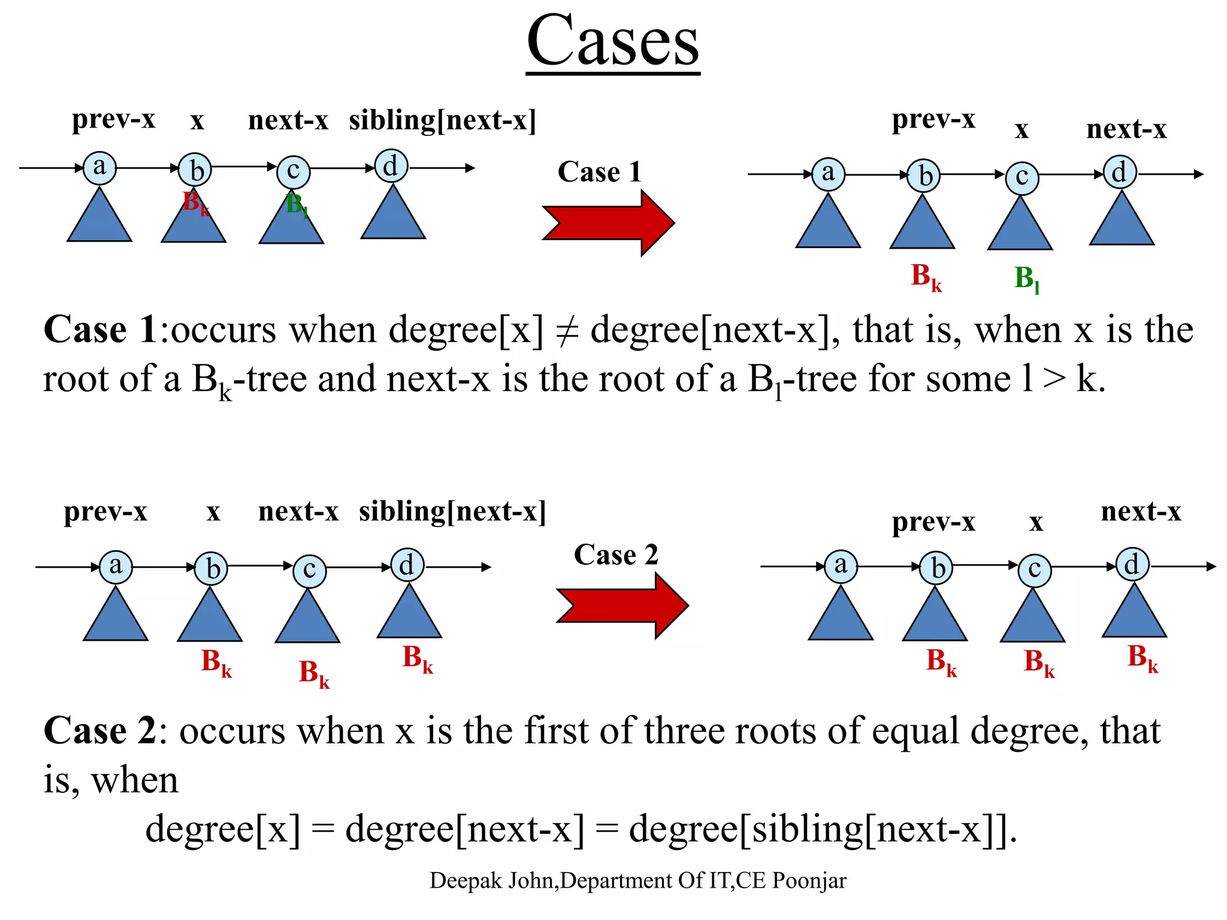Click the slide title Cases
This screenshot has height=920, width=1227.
pos(613,42)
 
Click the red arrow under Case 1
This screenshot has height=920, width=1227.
pos(608,223)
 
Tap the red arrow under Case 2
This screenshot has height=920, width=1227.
pos(622,606)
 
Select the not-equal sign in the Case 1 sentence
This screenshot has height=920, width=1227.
pos(567,331)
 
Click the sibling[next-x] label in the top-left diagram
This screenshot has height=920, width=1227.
pos(442,120)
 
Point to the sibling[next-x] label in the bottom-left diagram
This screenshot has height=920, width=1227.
pos(452,512)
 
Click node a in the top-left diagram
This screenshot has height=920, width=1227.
pos(99,167)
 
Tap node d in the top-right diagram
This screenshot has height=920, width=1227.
pos(1119,172)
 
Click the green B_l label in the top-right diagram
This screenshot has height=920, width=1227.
pos(1026,279)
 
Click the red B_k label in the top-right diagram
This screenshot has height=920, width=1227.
pos(926,277)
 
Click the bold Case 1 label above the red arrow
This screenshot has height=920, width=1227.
pos(600,172)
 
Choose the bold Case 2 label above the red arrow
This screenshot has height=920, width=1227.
pos(616,555)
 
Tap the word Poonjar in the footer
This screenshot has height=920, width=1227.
pos(809,881)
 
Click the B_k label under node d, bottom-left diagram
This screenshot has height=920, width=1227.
pos(417,659)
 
